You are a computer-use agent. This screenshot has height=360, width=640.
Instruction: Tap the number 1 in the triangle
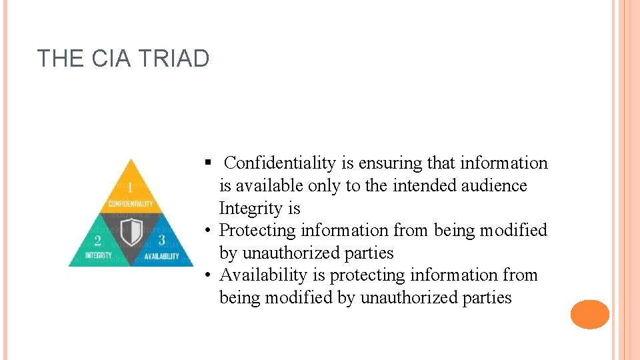(x=131, y=187)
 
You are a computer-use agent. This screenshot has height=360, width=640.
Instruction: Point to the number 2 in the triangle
(x=98, y=241)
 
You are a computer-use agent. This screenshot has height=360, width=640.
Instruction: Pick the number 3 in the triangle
(x=161, y=241)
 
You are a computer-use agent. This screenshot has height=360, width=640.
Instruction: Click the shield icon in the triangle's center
(x=134, y=233)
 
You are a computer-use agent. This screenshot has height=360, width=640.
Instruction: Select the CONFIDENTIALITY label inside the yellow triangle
(x=131, y=203)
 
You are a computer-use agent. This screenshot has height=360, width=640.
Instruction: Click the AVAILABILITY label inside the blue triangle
(x=161, y=256)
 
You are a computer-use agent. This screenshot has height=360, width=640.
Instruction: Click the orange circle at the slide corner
(x=590, y=314)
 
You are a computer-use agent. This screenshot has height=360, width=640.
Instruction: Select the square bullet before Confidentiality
(x=208, y=163)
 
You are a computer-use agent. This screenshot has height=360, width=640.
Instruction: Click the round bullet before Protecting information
(x=209, y=231)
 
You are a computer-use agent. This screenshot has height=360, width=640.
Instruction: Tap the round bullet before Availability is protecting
(x=209, y=275)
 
